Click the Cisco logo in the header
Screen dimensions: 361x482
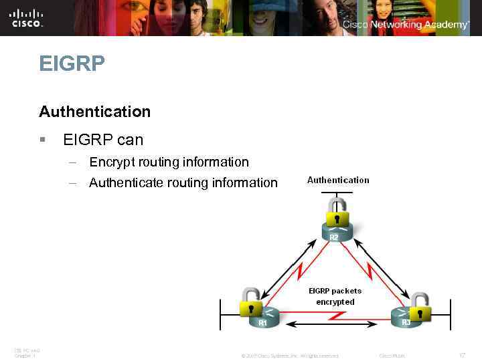pos(27,17)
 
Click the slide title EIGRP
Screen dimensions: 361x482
pos(72,64)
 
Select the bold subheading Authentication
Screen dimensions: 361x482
pos(94,111)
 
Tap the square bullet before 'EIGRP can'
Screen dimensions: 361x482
pos(42,140)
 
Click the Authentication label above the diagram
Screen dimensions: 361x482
pos(338,180)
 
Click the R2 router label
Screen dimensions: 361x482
pos(333,236)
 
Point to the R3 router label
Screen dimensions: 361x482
pos(406,322)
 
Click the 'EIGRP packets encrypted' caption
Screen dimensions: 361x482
pos(335,296)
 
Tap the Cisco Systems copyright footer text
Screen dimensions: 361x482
pos(289,356)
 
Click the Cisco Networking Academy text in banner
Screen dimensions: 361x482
pos(406,25)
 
